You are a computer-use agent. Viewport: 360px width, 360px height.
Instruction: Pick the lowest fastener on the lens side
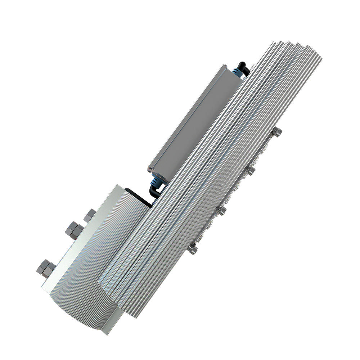click(193, 249)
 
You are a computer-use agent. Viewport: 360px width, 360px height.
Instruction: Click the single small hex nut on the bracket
click(89, 215)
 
